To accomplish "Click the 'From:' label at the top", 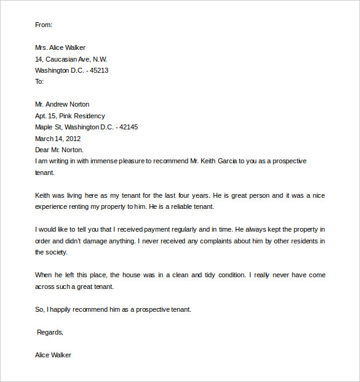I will coord(44,25).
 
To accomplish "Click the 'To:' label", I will coord(40,81).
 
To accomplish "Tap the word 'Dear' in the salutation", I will coord(43,150).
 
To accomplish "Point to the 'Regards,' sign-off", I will coord(50,332).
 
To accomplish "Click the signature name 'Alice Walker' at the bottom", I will coord(54,355).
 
